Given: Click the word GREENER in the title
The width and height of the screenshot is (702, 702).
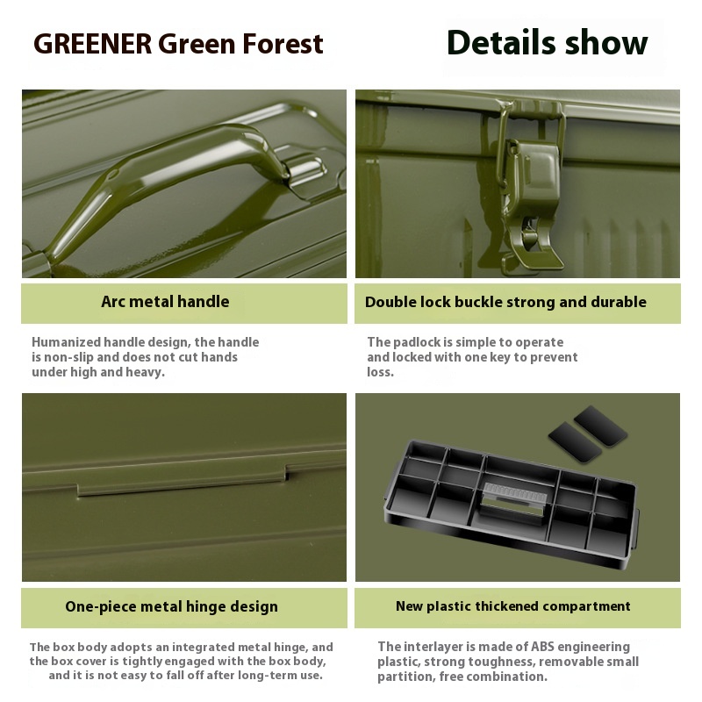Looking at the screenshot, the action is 93,44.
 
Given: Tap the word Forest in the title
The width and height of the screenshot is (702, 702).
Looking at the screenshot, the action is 283,44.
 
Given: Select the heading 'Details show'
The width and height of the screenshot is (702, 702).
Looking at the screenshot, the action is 547,42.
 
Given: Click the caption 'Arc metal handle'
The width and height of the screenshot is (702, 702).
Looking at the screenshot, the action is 165,301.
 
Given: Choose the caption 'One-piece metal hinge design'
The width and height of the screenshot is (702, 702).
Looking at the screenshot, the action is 171,606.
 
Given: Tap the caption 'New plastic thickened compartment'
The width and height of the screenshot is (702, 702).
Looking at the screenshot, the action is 513,605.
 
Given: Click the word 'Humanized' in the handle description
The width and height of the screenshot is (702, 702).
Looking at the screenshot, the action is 67,342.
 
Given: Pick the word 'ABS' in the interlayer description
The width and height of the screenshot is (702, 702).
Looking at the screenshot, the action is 542,647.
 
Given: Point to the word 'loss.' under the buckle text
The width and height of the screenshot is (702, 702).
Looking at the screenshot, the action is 381,372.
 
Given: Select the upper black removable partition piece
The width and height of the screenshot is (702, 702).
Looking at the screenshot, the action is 600,426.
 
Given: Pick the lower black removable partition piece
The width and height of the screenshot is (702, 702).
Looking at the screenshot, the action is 575,442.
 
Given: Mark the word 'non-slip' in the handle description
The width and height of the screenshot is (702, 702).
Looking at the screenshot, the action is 68,357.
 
